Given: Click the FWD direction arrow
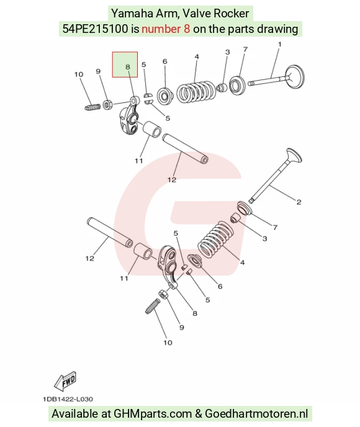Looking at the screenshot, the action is coord(65,380).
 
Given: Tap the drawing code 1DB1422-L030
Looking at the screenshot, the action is coord(68,399).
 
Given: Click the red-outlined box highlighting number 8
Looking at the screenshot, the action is coord(125,65).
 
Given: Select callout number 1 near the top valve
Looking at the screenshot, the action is coord(279,44).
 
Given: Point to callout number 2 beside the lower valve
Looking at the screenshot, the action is coord(299,202).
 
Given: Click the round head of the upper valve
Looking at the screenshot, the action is coord(294,76).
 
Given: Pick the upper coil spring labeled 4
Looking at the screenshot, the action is coord(196,92).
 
